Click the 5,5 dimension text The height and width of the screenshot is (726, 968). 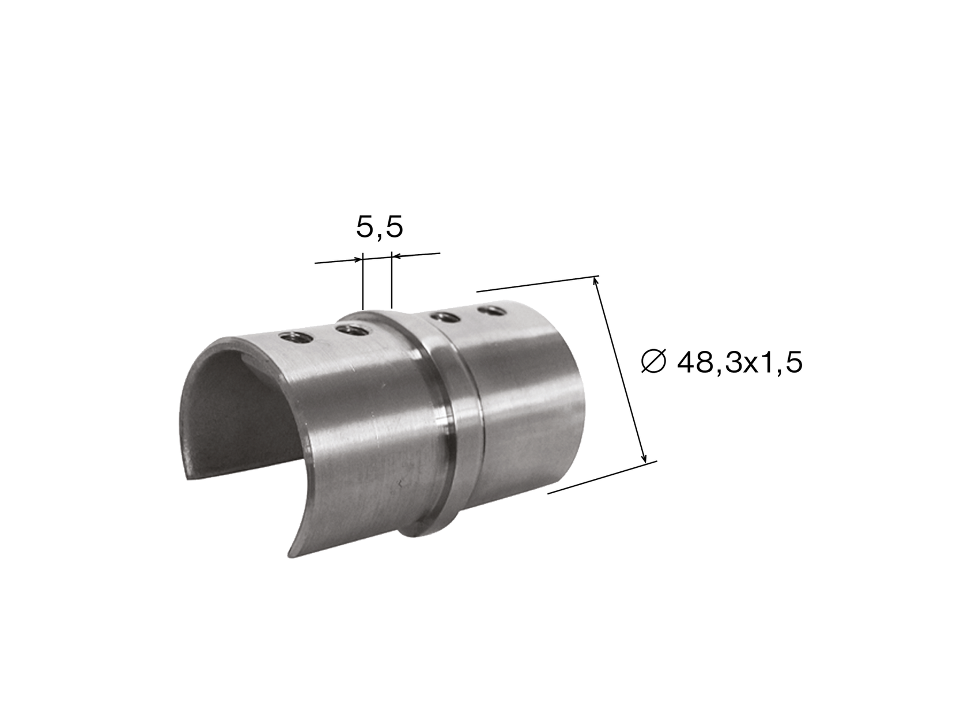pyautogui.click(x=379, y=228)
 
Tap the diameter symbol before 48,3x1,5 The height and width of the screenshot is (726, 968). pyautogui.click(x=653, y=362)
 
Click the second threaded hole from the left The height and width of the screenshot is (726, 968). pyautogui.click(x=352, y=330)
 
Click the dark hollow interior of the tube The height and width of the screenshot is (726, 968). pyautogui.click(x=230, y=415)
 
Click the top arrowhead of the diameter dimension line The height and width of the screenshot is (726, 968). pyautogui.click(x=597, y=282)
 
